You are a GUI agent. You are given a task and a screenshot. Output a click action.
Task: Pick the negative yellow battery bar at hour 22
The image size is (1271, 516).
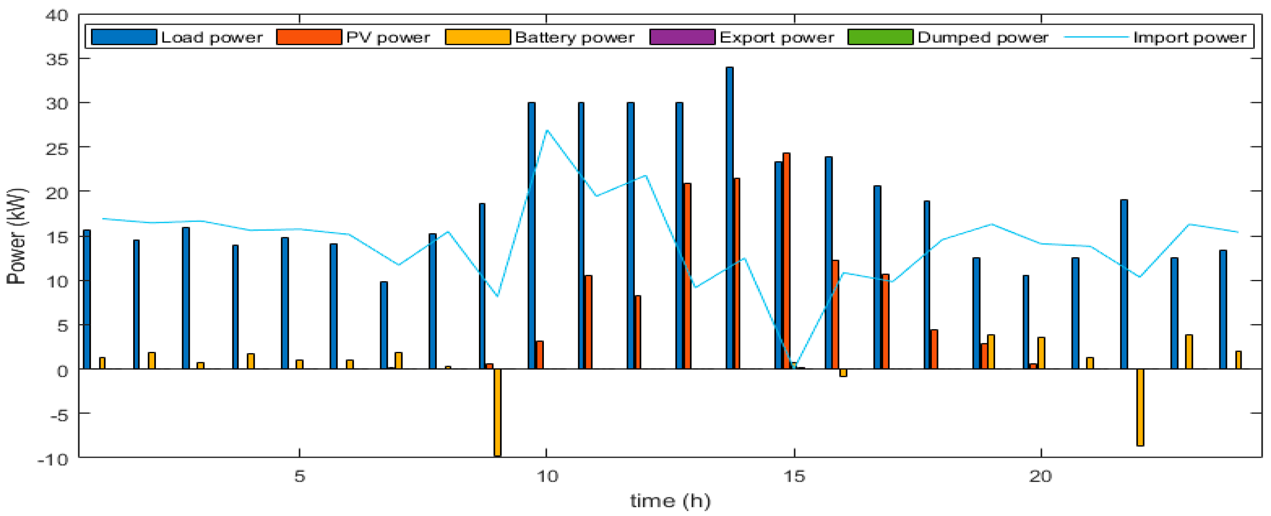pos(1140,407)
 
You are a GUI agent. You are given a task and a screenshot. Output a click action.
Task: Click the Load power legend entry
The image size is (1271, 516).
pos(177,37)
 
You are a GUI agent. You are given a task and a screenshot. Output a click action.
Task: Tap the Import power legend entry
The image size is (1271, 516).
pos(1154,37)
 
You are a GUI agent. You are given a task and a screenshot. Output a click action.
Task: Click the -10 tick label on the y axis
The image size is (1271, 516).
pos(52,459)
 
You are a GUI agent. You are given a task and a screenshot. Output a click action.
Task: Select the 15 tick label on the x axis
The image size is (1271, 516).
pos(794,477)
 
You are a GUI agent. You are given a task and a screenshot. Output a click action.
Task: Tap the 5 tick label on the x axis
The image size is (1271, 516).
pos(299,477)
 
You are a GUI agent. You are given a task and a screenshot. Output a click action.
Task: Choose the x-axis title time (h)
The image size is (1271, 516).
pos(670,501)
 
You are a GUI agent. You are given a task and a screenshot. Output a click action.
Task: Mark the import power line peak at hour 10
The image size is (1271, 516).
pos(547,130)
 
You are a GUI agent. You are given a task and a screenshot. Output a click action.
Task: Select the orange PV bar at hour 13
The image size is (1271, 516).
pos(687,276)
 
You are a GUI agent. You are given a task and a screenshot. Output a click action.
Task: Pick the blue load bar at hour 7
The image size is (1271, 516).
pos(384,325)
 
